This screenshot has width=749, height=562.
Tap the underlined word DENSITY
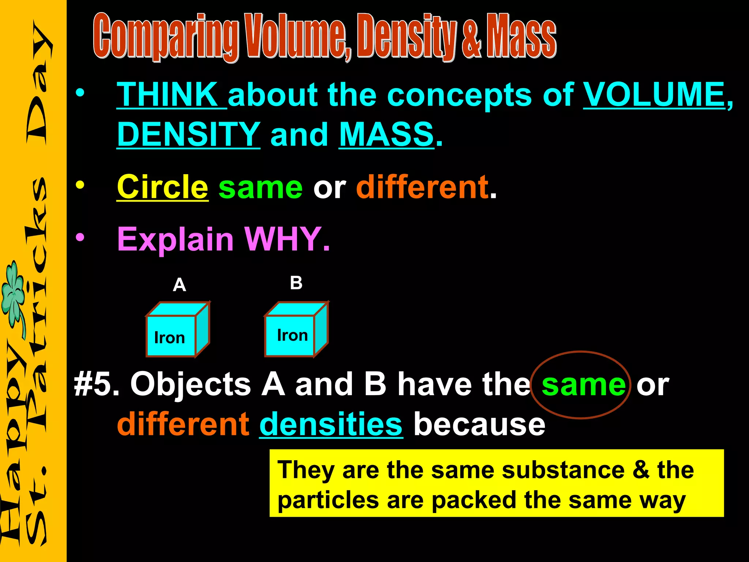[x=188, y=134]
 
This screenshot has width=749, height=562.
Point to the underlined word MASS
[x=387, y=134]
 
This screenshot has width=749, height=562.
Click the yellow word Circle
[x=162, y=187]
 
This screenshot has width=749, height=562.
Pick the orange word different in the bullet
[x=422, y=187]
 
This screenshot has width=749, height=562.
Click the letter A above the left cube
[x=179, y=285]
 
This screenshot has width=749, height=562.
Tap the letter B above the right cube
[x=296, y=283]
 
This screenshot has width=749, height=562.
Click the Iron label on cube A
[x=169, y=338]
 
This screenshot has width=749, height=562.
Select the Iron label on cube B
[x=292, y=335]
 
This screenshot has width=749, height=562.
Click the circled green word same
[x=583, y=385]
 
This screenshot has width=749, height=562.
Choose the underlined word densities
[x=331, y=424]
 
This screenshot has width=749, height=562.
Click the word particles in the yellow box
[x=328, y=501]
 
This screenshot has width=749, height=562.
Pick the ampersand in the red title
[x=472, y=38]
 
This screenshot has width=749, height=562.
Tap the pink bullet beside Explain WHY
[x=80, y=238]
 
